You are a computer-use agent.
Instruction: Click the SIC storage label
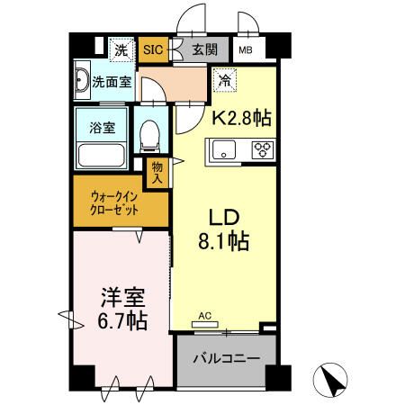pyautogui.click(x=153, y=50)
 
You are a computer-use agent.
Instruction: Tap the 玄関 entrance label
pyautogui.click(x=205, y=50)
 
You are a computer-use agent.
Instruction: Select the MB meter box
pyautogui.click(x=245, y=51)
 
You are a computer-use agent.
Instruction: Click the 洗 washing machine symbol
pyautogui.click(x=120, y=50)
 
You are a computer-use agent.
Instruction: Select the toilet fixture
pyautogui.click(x=150, y=138)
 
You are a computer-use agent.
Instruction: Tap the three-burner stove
pyautogui.click(x=263, y=150)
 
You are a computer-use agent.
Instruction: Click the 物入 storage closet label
pyautogui.click(x=157, y=173)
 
